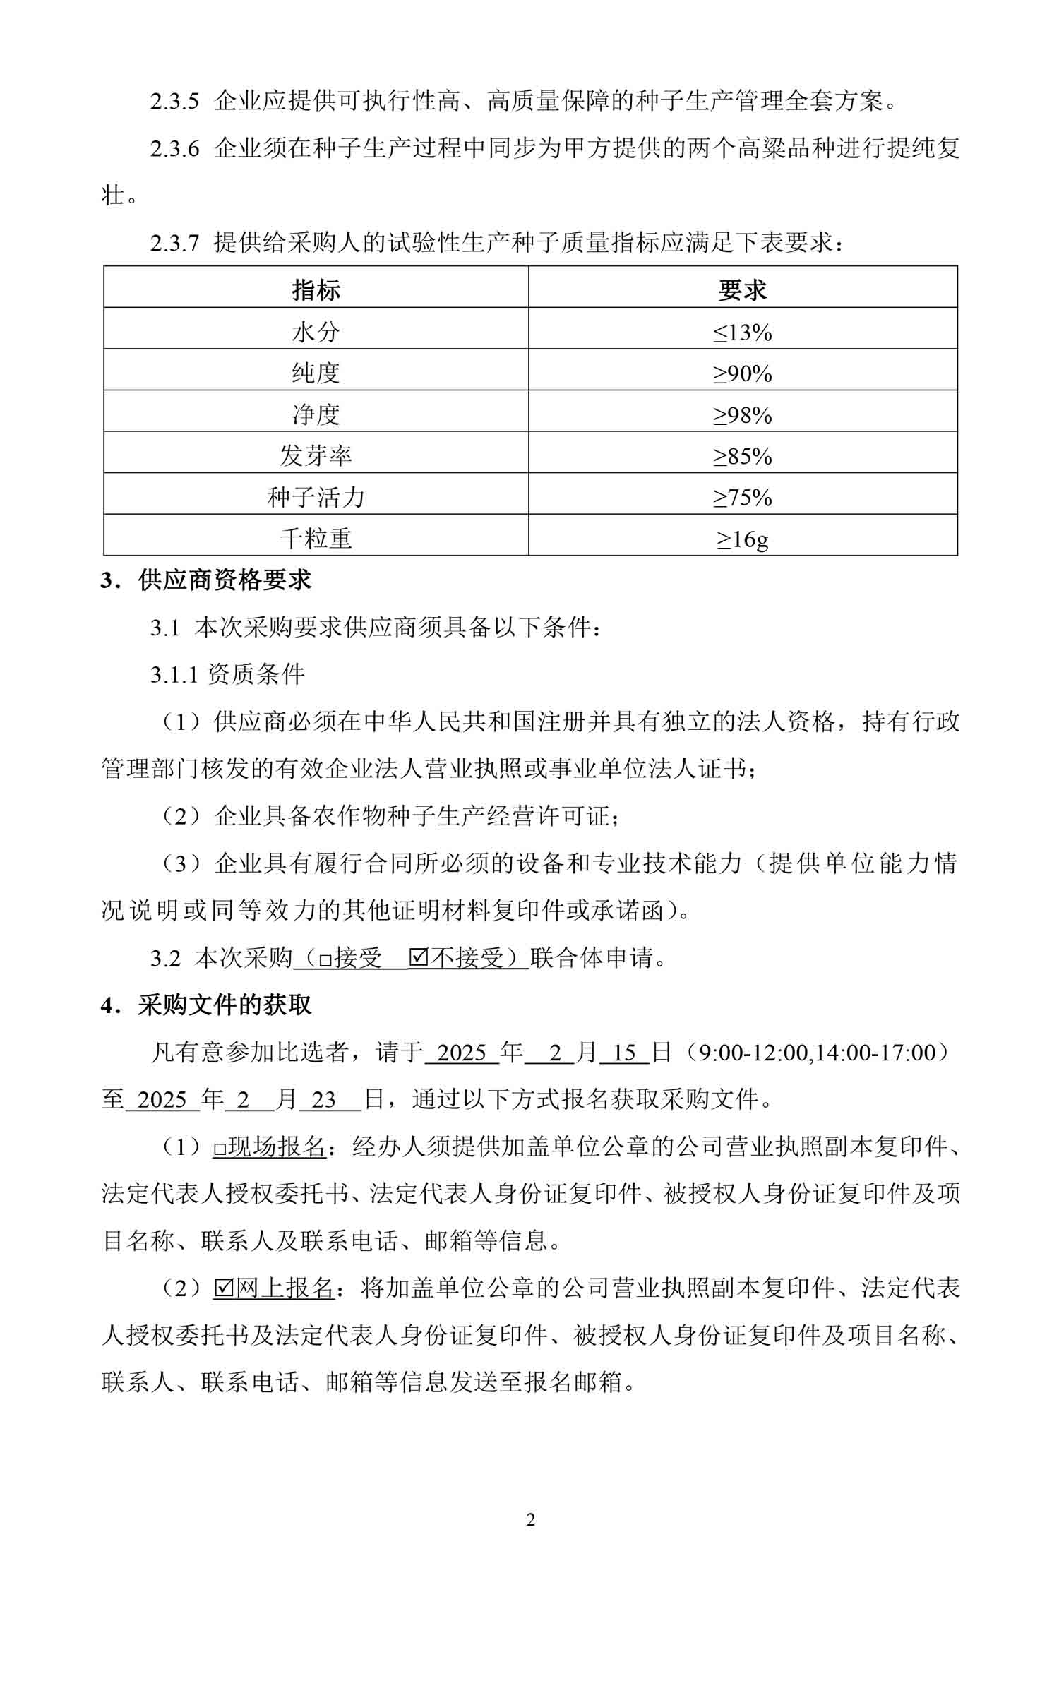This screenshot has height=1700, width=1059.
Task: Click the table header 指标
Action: pyautogui.click(x=316, y=289)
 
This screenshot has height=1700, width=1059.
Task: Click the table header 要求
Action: pyautogui.click(x=742, y=289)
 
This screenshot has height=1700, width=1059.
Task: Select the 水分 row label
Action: pyautogui.click(x=316, y=331)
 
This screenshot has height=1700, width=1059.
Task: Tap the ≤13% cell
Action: pyautogui.click(x=742, y=331)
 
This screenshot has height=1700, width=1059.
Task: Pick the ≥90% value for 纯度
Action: pyautogui.click(x=742, y=373)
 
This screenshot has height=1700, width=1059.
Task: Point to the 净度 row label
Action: pyautogui.click(x=316, y=414)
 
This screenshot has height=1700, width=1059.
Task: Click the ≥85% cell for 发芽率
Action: pyautogui.click(x=742, y=456)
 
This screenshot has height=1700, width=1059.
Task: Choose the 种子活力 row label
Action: pyautogui.click(x=316, y=498)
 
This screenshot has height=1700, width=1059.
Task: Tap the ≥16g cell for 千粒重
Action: pyautogui.click(x=742, y=539)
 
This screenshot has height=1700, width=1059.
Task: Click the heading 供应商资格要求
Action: pyautogui.click(x=225, y=580)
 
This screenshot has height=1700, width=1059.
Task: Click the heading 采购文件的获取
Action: pyautogui.click(x=225, y=1005)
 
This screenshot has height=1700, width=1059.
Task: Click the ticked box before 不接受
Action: pyautogui.click(x=419, y=958)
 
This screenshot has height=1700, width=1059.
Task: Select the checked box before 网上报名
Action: pyautogui.click(x=223, y=1288)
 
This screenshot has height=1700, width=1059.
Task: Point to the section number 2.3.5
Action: pyautogui.click(x=174, y=102)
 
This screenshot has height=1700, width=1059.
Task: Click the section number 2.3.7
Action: pyautogui.click(x=174, y=244)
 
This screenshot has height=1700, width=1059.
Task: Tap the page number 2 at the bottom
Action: pyautogui.click(x=530, y=1520)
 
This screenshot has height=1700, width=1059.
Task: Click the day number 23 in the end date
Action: pyautogui.click(x=324, y=1100)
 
